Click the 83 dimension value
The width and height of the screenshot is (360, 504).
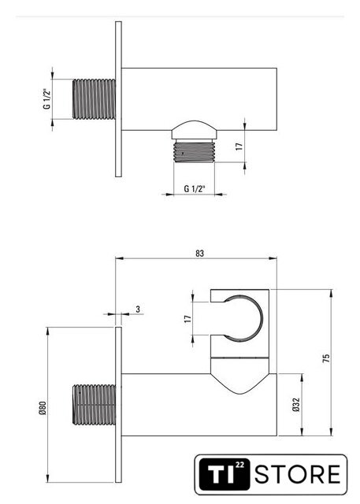199,254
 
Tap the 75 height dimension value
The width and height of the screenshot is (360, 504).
326,358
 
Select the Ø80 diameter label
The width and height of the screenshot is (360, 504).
43,408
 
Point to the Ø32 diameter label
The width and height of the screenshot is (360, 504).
296,405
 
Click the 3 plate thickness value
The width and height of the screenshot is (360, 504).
138,309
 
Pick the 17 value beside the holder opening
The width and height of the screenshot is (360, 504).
187,319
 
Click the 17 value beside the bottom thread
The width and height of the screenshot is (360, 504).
239,146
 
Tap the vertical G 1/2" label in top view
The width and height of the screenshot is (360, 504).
47,98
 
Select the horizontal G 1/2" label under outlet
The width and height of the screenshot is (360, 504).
195,189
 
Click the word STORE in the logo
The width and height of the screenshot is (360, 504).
298,474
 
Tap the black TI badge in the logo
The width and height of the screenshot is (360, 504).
225,474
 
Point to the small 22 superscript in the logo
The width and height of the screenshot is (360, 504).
239,465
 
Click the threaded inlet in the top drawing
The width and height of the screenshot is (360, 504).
94,99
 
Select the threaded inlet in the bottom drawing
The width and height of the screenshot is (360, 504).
94,405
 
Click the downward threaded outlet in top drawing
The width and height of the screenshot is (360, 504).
194,151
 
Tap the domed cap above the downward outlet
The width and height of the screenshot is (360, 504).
194,129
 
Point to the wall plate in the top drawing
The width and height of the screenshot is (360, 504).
118,99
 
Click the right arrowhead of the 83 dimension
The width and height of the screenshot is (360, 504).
273,258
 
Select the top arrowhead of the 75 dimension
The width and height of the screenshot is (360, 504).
332,293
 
